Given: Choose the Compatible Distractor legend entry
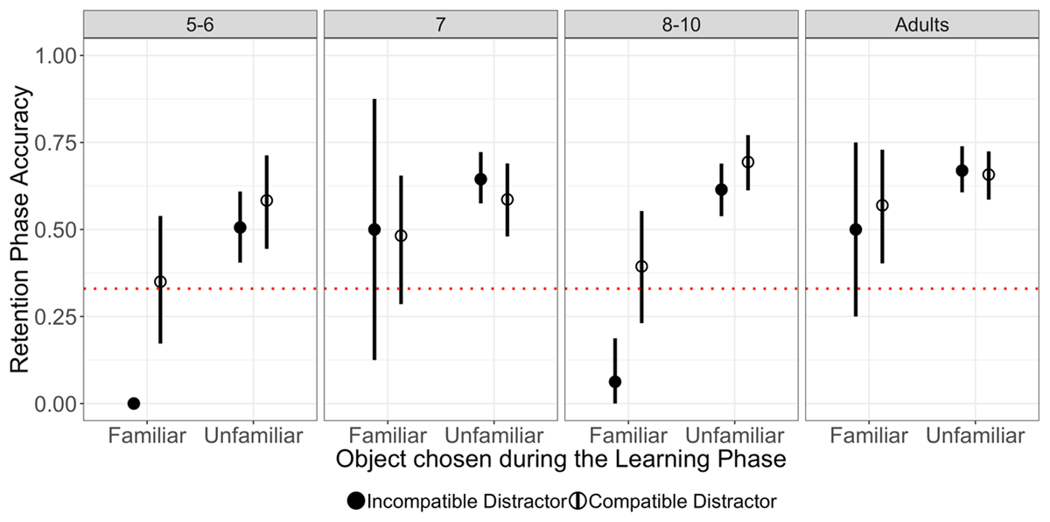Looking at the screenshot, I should (x=673, y=502).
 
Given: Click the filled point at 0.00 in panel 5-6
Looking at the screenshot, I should (x=134, y=404).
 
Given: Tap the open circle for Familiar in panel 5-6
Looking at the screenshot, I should (x=160, y=282).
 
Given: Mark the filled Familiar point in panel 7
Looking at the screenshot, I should (x=374, y=229).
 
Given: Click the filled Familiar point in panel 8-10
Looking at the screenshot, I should (x=615, y=382).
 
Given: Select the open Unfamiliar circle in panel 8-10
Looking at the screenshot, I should (x=747, y=162).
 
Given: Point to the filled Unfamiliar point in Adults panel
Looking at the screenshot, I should (x=962, y=171).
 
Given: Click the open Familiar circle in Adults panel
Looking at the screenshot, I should (x=882, y=206).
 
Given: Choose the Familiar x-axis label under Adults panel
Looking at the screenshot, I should (x=869, y=435).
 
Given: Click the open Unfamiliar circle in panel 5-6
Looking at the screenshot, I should (x=267, y=201).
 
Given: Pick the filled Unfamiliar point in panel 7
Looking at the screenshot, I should (x=480, y=180).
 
